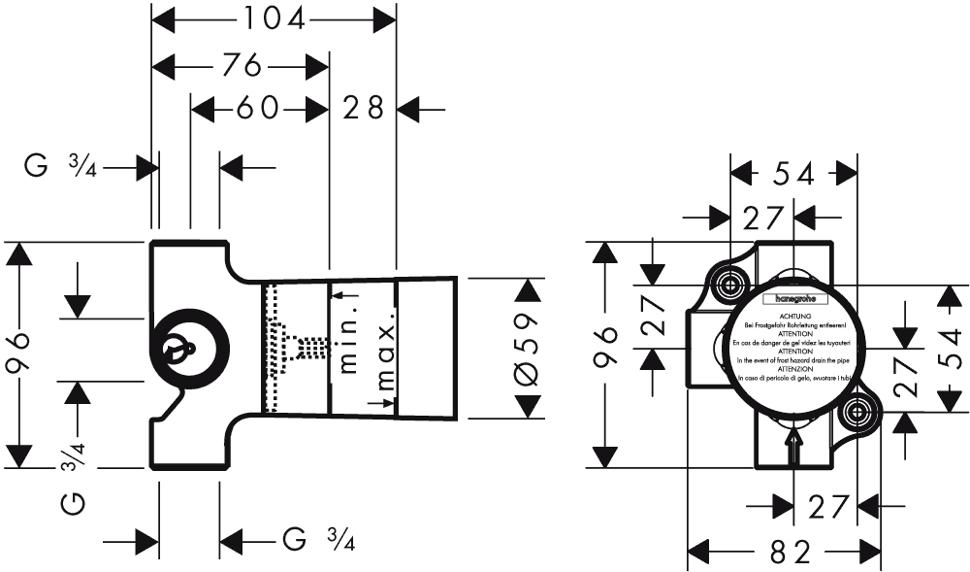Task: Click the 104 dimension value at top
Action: coord(273,17)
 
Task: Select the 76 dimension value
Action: coord(240,66)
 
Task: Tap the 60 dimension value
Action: coord(258,108)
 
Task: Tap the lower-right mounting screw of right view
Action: coord(857,412)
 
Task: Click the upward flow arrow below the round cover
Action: coord(793,448)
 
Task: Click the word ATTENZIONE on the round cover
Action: coord(793,369)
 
